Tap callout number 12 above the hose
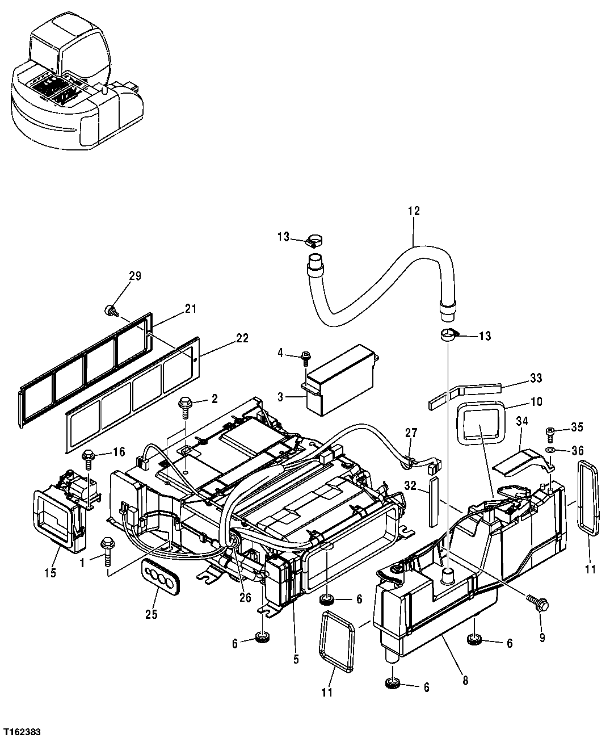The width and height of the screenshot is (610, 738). coord(413,211)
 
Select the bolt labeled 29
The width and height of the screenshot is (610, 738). coord(110,311)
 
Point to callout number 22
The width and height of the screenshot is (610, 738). coord(242,338)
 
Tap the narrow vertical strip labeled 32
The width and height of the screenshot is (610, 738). coord(435,502)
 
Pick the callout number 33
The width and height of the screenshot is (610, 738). coord(536,378)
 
